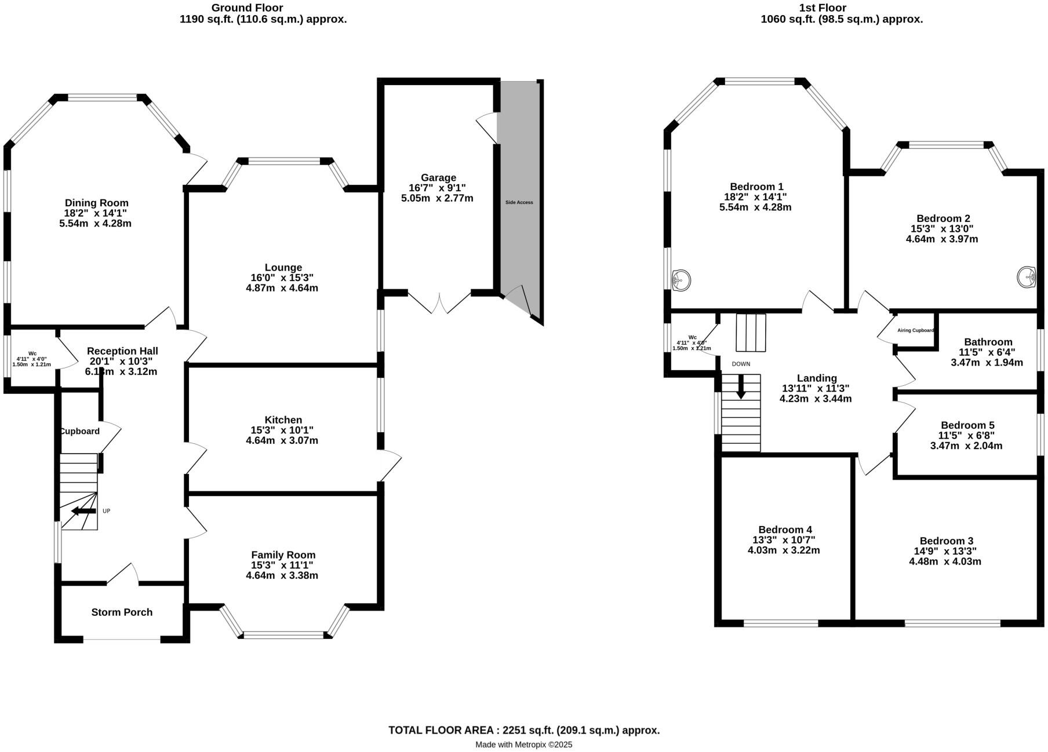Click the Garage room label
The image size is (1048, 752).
click(x=438, y=177)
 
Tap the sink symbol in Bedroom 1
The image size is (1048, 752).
click(x=681, y=280)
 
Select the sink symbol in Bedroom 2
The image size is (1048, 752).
click(x=1027, y=277)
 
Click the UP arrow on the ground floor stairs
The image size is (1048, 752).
click(x=83, y=511)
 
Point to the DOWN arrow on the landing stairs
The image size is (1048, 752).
click(x=741, y=387)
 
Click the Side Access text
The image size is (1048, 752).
click(x=519, y=202)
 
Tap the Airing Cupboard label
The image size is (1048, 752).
click(x=915, y=331)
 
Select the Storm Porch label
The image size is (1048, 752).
click(x=122, y=612)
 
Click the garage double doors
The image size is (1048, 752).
click(x=439, y=301)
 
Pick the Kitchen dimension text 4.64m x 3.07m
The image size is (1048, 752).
click(x=282, y=441)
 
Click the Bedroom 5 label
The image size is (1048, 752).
click(x=967, y=425)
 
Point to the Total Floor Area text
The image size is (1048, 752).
click(x=524, y=730)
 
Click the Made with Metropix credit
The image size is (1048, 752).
click(x=523, y=744)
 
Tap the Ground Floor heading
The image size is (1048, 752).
click(x=247, y=8)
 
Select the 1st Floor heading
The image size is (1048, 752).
click(x=822, y=8)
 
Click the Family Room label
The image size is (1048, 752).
click(x=283, y=555)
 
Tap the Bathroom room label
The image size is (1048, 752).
click(x=988, y=342)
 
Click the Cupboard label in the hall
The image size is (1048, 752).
click(x=80, y=431)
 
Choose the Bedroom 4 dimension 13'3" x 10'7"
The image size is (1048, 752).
click(x=784, y=540)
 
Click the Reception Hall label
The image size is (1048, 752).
click(x=122, y=351)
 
